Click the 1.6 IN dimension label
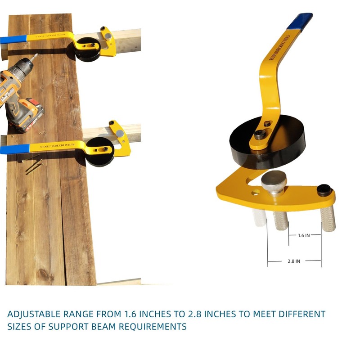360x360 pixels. pyautogui.click(x=304, y=235)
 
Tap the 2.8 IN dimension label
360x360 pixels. pyautogui.click(x=294, y=261)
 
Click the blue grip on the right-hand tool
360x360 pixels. pyautogui.click(x=300, y=21)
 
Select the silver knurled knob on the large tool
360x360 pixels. pyautogui.click(x=273, y=180)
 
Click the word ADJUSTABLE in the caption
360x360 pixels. pyautogui.click(x=36, y=314)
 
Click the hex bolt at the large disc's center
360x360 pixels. pyautogui.click(x=260, y=134)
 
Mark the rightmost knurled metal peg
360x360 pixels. pyautogui.click(x=328, y=218)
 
